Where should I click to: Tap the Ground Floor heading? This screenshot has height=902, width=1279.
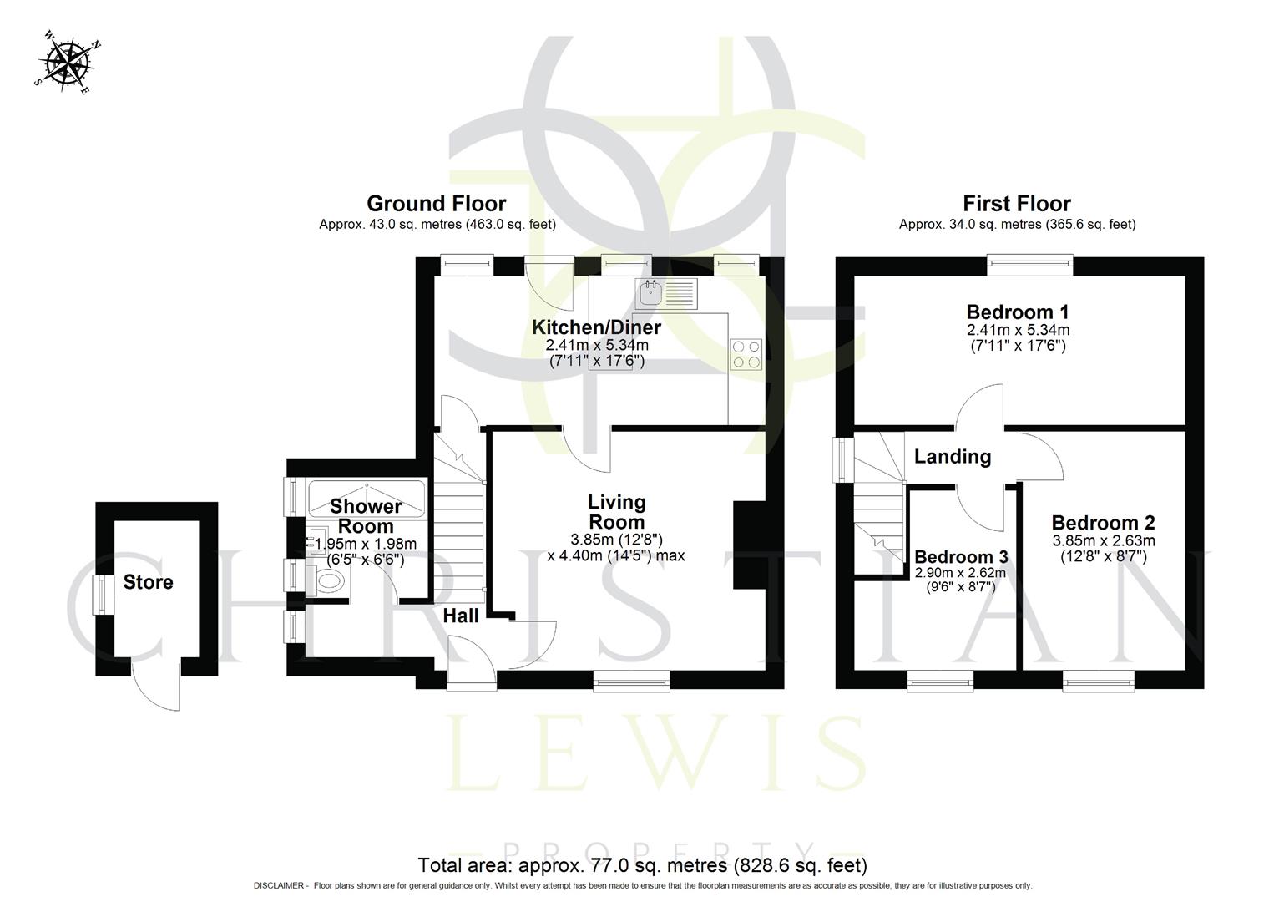[436, 204]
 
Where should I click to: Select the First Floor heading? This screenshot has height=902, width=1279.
[1016, 204]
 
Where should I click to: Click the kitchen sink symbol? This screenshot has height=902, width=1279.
[650, 292]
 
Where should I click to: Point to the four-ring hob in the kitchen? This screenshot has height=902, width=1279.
[746, 353]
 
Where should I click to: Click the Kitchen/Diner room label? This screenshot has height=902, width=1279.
[596, 327]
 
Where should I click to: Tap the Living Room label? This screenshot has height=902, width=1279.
[617, 511]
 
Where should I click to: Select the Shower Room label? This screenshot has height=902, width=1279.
[366, 516]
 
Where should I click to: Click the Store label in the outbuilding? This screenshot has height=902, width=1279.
[148, 582]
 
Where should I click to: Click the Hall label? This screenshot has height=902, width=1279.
[460, 616]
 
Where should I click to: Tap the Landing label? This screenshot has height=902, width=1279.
[952, 456]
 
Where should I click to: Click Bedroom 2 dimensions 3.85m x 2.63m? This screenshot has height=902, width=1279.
[1103, 540]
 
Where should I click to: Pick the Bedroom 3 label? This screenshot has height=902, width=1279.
[961, 557]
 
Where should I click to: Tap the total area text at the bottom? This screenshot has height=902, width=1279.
[642, 865]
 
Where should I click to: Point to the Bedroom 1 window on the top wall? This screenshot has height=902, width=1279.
[1030, 265]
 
